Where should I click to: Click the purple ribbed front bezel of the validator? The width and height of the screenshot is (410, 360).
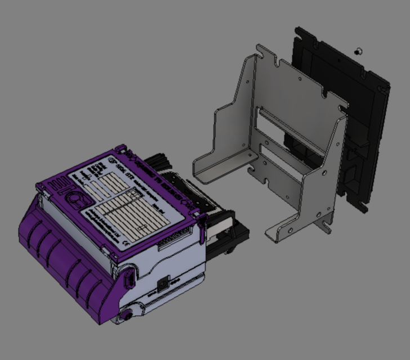(x=62, y=264)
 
